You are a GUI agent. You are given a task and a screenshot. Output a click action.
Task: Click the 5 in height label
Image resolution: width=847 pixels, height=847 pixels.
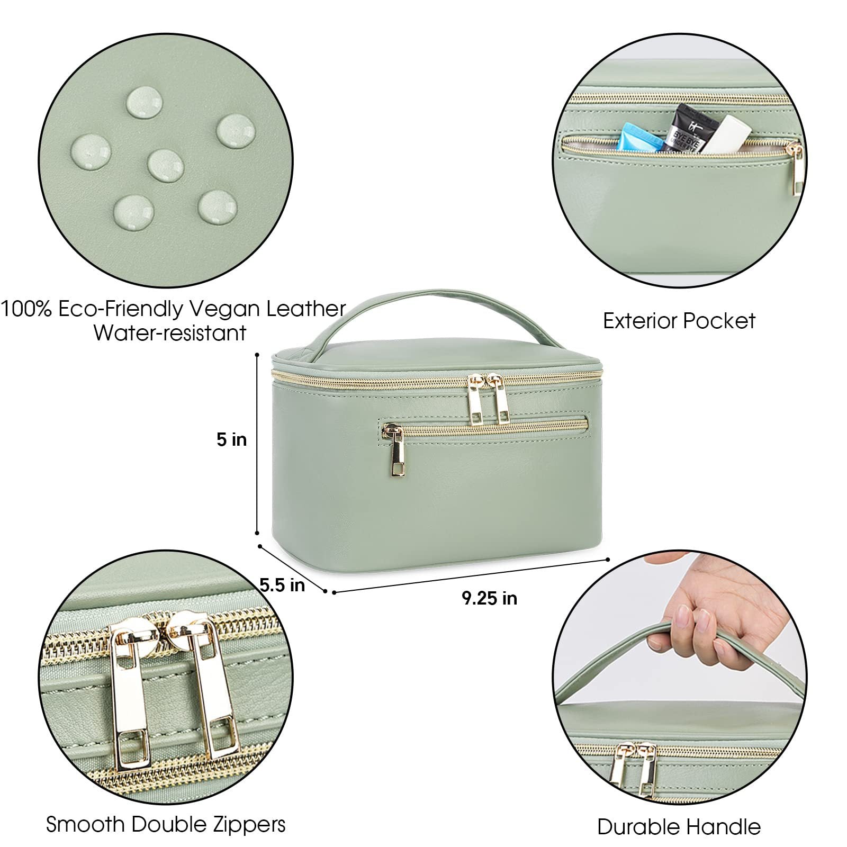pos(231,439)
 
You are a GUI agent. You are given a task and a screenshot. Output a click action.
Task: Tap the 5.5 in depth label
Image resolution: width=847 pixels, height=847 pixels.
pos(282,584)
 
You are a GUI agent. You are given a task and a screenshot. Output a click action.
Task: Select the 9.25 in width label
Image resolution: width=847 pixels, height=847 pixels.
pos(489,598)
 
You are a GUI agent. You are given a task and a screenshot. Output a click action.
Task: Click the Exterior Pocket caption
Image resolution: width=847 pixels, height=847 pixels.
pos(679,321)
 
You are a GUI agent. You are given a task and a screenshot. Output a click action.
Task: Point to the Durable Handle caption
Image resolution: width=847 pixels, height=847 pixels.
pos(679,826)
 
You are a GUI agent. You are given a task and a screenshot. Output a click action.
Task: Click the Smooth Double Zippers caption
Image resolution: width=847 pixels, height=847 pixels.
pos(166,824)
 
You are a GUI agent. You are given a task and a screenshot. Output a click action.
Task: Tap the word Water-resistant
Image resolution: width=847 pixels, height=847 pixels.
pos(170,333)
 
